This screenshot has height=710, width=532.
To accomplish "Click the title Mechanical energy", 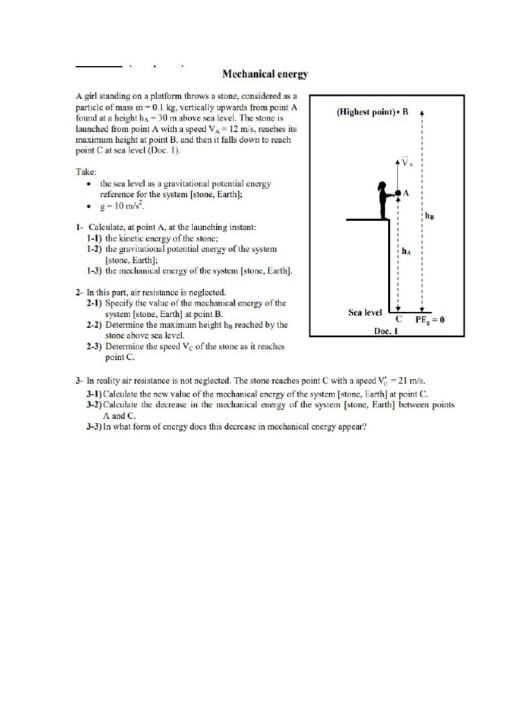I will click(265, 72).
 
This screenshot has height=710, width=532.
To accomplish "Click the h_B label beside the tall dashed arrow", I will click(429, 216).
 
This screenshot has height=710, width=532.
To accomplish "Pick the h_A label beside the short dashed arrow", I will click(406, 252).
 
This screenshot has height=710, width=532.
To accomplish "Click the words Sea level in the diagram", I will click(365, 312).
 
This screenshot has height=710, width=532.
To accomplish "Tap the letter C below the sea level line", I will click(398, 320).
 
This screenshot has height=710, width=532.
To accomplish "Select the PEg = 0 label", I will click(429, 320).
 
